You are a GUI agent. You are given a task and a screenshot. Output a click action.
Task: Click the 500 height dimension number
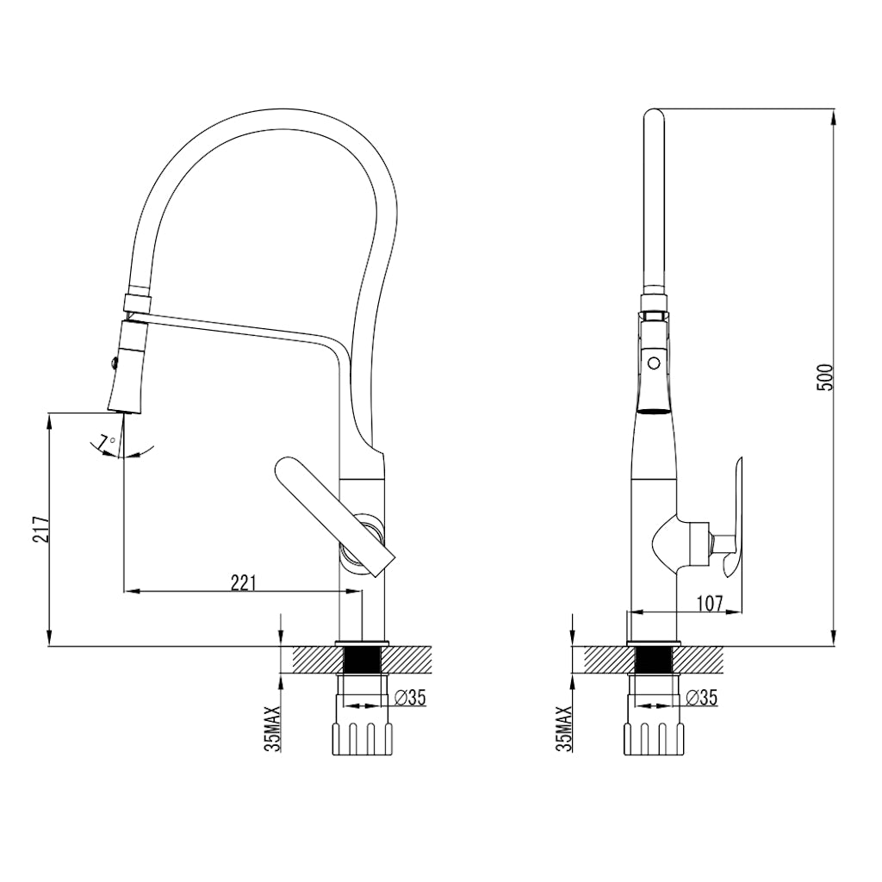[825, 377]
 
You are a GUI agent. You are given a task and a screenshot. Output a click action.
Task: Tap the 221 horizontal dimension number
[244, 583]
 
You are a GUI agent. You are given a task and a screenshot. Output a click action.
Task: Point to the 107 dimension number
[708, 603]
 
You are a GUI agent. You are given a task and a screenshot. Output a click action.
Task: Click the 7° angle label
[107, 443]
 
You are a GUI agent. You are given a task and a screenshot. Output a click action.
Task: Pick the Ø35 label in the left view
[411, 698]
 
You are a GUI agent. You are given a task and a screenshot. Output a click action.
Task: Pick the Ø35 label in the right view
[704, 698]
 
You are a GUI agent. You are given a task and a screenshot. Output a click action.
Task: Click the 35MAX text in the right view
[566, 729]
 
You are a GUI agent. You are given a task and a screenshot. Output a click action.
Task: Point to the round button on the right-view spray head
[654, 363]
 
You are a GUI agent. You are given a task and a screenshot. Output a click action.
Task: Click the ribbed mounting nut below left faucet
[363, 736]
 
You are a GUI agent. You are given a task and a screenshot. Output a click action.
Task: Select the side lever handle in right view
[733, 517]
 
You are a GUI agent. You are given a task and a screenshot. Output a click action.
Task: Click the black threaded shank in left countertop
[363, 661]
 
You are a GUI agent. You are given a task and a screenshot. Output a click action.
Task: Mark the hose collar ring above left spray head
[139, 302]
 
